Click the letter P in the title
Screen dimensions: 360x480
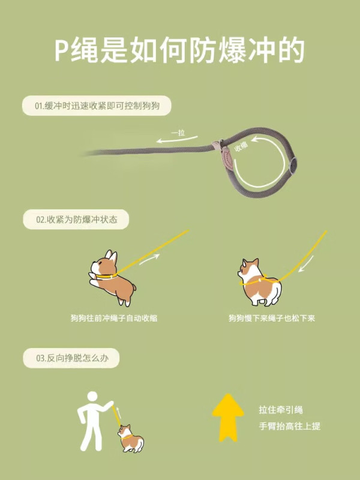click(62, 51)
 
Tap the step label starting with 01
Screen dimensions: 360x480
click(97, 106)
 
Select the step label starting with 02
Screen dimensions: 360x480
click(76, 220)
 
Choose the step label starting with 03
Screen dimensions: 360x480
click(71, 358)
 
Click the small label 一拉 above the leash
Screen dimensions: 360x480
click(178, 133)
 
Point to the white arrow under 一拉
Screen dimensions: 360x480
click(177, 140)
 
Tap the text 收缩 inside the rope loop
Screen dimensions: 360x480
click(241, 146)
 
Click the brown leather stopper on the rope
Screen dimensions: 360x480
click(228, 158)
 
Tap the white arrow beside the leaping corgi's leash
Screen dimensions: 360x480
click(149, 259)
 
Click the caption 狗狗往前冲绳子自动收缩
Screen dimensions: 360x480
click(114, 319)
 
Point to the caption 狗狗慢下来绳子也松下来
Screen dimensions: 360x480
click(272, 319)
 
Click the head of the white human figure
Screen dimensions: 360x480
click(92, 396)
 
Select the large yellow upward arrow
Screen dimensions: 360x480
click(228, 418)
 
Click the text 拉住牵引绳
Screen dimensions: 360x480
click(281, 410)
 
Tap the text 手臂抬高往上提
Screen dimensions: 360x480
click(290, 426)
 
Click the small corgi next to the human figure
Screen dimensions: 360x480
click(130, 439)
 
